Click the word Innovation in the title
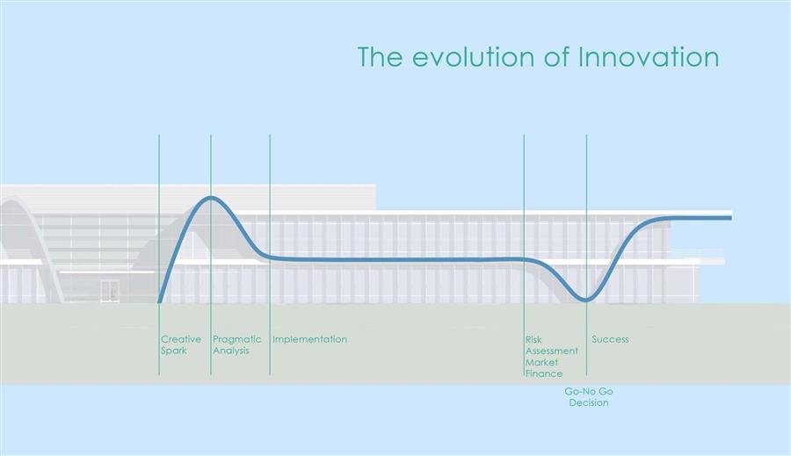click(x=649, y=56)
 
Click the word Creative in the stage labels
click(x=181, y=339)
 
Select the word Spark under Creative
click(x=174, y=351)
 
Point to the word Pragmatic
click(x=237, y=340)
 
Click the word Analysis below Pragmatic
click(x=231, y=351)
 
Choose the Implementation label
click(x=309, y=340)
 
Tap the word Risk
click(x=533, y=339)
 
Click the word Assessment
click(x=552, y=351)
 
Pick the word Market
click(x=541, y=362)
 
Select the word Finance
click(x=544, y=373)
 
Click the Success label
click(x=611, y=339)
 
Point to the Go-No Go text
click(x=589, y=392)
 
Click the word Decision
click(x=589, y=403)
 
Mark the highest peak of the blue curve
click(x=211, y=197)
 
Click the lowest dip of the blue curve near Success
click(x=585, y=300)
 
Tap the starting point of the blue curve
click(x=160, y=301)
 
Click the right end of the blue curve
click(x=731, y=218)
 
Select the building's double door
click(x=110, y=291)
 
